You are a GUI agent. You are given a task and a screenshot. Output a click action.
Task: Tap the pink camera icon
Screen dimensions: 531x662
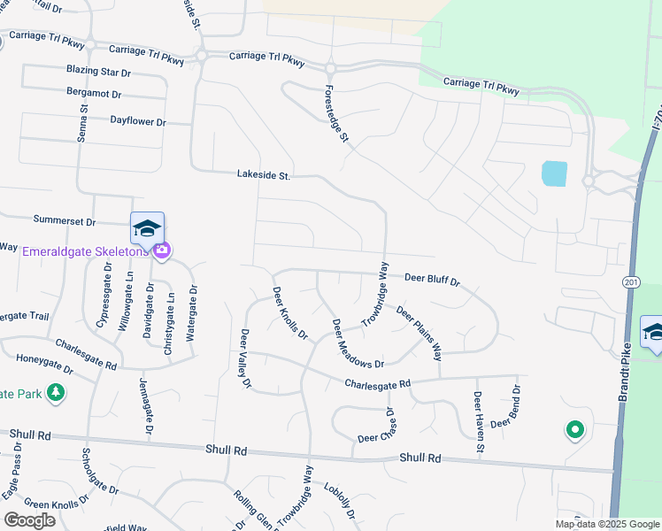click(x=161, y=251)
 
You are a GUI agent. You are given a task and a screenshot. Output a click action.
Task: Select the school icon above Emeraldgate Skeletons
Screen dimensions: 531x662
click(x=147, y=228)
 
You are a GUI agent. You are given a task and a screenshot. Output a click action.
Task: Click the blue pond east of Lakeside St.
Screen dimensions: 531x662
click(x=553, y=173)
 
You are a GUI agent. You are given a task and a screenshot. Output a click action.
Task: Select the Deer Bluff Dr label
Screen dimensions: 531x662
click(x=432, y=280)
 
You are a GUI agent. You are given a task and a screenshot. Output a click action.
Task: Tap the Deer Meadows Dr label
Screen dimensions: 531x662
click(x=357, y=344)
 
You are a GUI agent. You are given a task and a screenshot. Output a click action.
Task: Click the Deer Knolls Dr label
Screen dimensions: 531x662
click(x=289, y=314)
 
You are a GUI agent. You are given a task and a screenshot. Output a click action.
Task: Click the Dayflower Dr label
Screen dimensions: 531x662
click(x=138, y=121)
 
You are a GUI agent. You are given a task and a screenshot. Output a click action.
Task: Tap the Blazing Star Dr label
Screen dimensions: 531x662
click(x=98, y=71)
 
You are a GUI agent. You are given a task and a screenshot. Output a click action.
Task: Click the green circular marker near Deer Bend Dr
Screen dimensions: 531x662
click(x=574, y=431)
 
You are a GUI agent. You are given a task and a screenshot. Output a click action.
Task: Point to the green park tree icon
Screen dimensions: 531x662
click(x=56, y=392)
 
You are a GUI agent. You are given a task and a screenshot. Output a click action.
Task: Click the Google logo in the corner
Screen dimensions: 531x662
click(x=29, y=519)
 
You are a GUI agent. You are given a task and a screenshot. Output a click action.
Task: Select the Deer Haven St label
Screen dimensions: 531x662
click(x=479, y=423)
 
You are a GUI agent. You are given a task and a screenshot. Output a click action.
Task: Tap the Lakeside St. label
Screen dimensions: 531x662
click(x=263, y=176)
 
